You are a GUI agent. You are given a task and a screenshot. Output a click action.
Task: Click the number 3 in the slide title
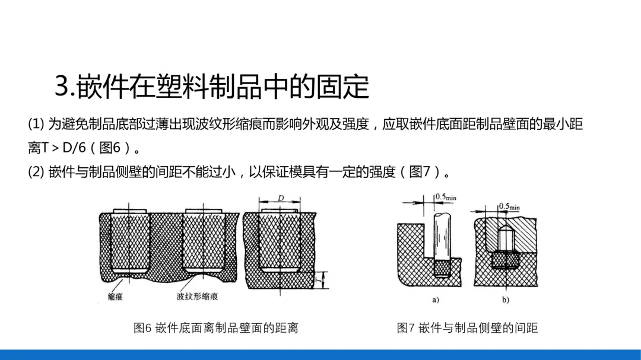coord(62,87)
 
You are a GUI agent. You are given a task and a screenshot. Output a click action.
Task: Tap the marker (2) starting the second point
coord(36,172)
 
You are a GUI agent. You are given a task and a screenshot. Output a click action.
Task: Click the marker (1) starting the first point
coord(36,124)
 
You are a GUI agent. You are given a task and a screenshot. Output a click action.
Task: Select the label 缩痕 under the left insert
coord(115,297)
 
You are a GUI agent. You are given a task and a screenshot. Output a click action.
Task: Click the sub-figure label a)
coord(435,300)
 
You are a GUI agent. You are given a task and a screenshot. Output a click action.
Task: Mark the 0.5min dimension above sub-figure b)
coord(509,206)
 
